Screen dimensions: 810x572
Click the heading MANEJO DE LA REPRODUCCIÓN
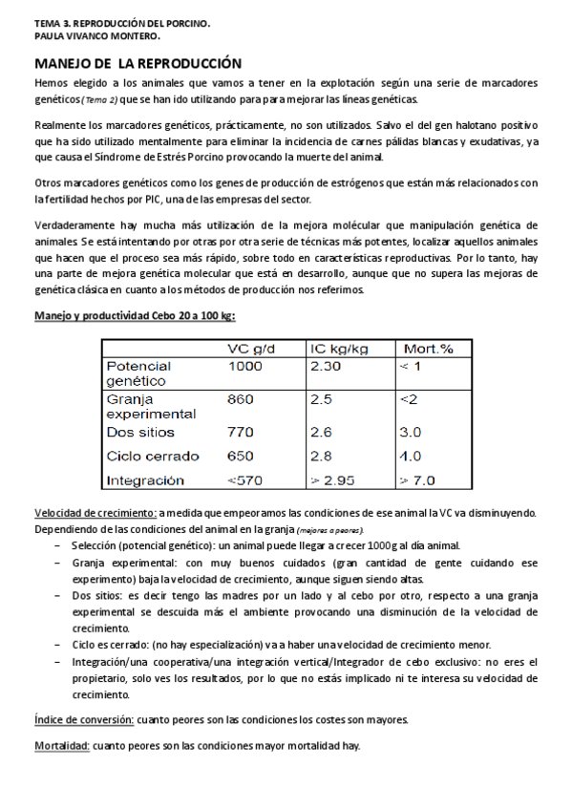pos(138,64)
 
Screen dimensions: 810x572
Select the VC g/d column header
pos(252,349)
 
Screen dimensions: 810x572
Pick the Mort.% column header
pos(429,349)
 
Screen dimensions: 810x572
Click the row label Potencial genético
pos(138,373)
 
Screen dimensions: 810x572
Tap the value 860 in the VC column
pos(240,399)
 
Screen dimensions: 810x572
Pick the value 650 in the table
pos(240,456)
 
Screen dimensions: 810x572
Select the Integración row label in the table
pos(145,480)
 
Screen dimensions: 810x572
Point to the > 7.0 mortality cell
pos(417,480)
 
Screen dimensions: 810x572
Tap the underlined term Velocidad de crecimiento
pos(95,513)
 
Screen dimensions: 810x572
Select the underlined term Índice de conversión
pos(84,718)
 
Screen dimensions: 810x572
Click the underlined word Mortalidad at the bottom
pos(62,745)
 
